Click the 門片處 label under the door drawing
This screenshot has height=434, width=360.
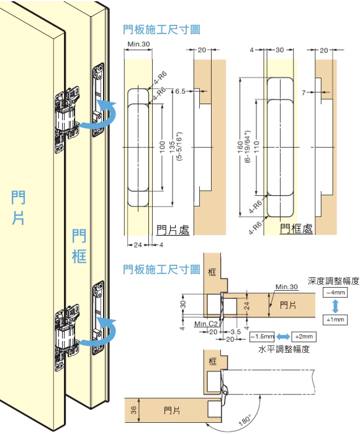pyautogui.click(x=173, y=230)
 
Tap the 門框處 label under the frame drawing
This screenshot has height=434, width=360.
pyautogui.click(x=296, y=229)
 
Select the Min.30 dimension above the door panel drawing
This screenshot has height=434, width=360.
pyautogui.click(x=138, y=44)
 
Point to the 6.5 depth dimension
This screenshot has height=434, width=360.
pyautogui.click(x=180, y=91)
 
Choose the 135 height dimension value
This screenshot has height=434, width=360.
pyautogui.click(x=172, y=147)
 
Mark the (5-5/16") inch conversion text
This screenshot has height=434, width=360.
pyautogui.click(x=179, y=146)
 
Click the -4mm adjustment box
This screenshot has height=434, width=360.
pyautogui.click(x=335, y=293)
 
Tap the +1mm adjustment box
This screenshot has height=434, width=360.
pyautogui.click(x=335, y=320)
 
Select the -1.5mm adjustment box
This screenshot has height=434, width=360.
pyautogui.click(x=262, y=337)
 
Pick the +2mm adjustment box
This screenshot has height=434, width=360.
pyautogui.click(x=304, y=337)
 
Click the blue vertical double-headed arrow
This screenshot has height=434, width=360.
pyautogui.click(x=335, y=306)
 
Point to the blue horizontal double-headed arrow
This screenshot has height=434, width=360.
pyautogui.click(x=283, y=337)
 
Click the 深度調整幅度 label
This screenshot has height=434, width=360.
pyautogui.click(x=333, y=281)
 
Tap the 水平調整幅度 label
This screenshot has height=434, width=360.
pyautogui.click(x=284, y=349)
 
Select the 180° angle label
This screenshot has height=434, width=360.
pyautogui.click(x=245, y=420)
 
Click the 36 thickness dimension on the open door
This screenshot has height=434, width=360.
pyautogui.click(x=133, y=410)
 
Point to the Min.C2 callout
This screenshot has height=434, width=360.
pyautogui.click(x=206, y=324)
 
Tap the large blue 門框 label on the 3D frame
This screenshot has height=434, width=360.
pyautogui.click(x=79, y=246)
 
